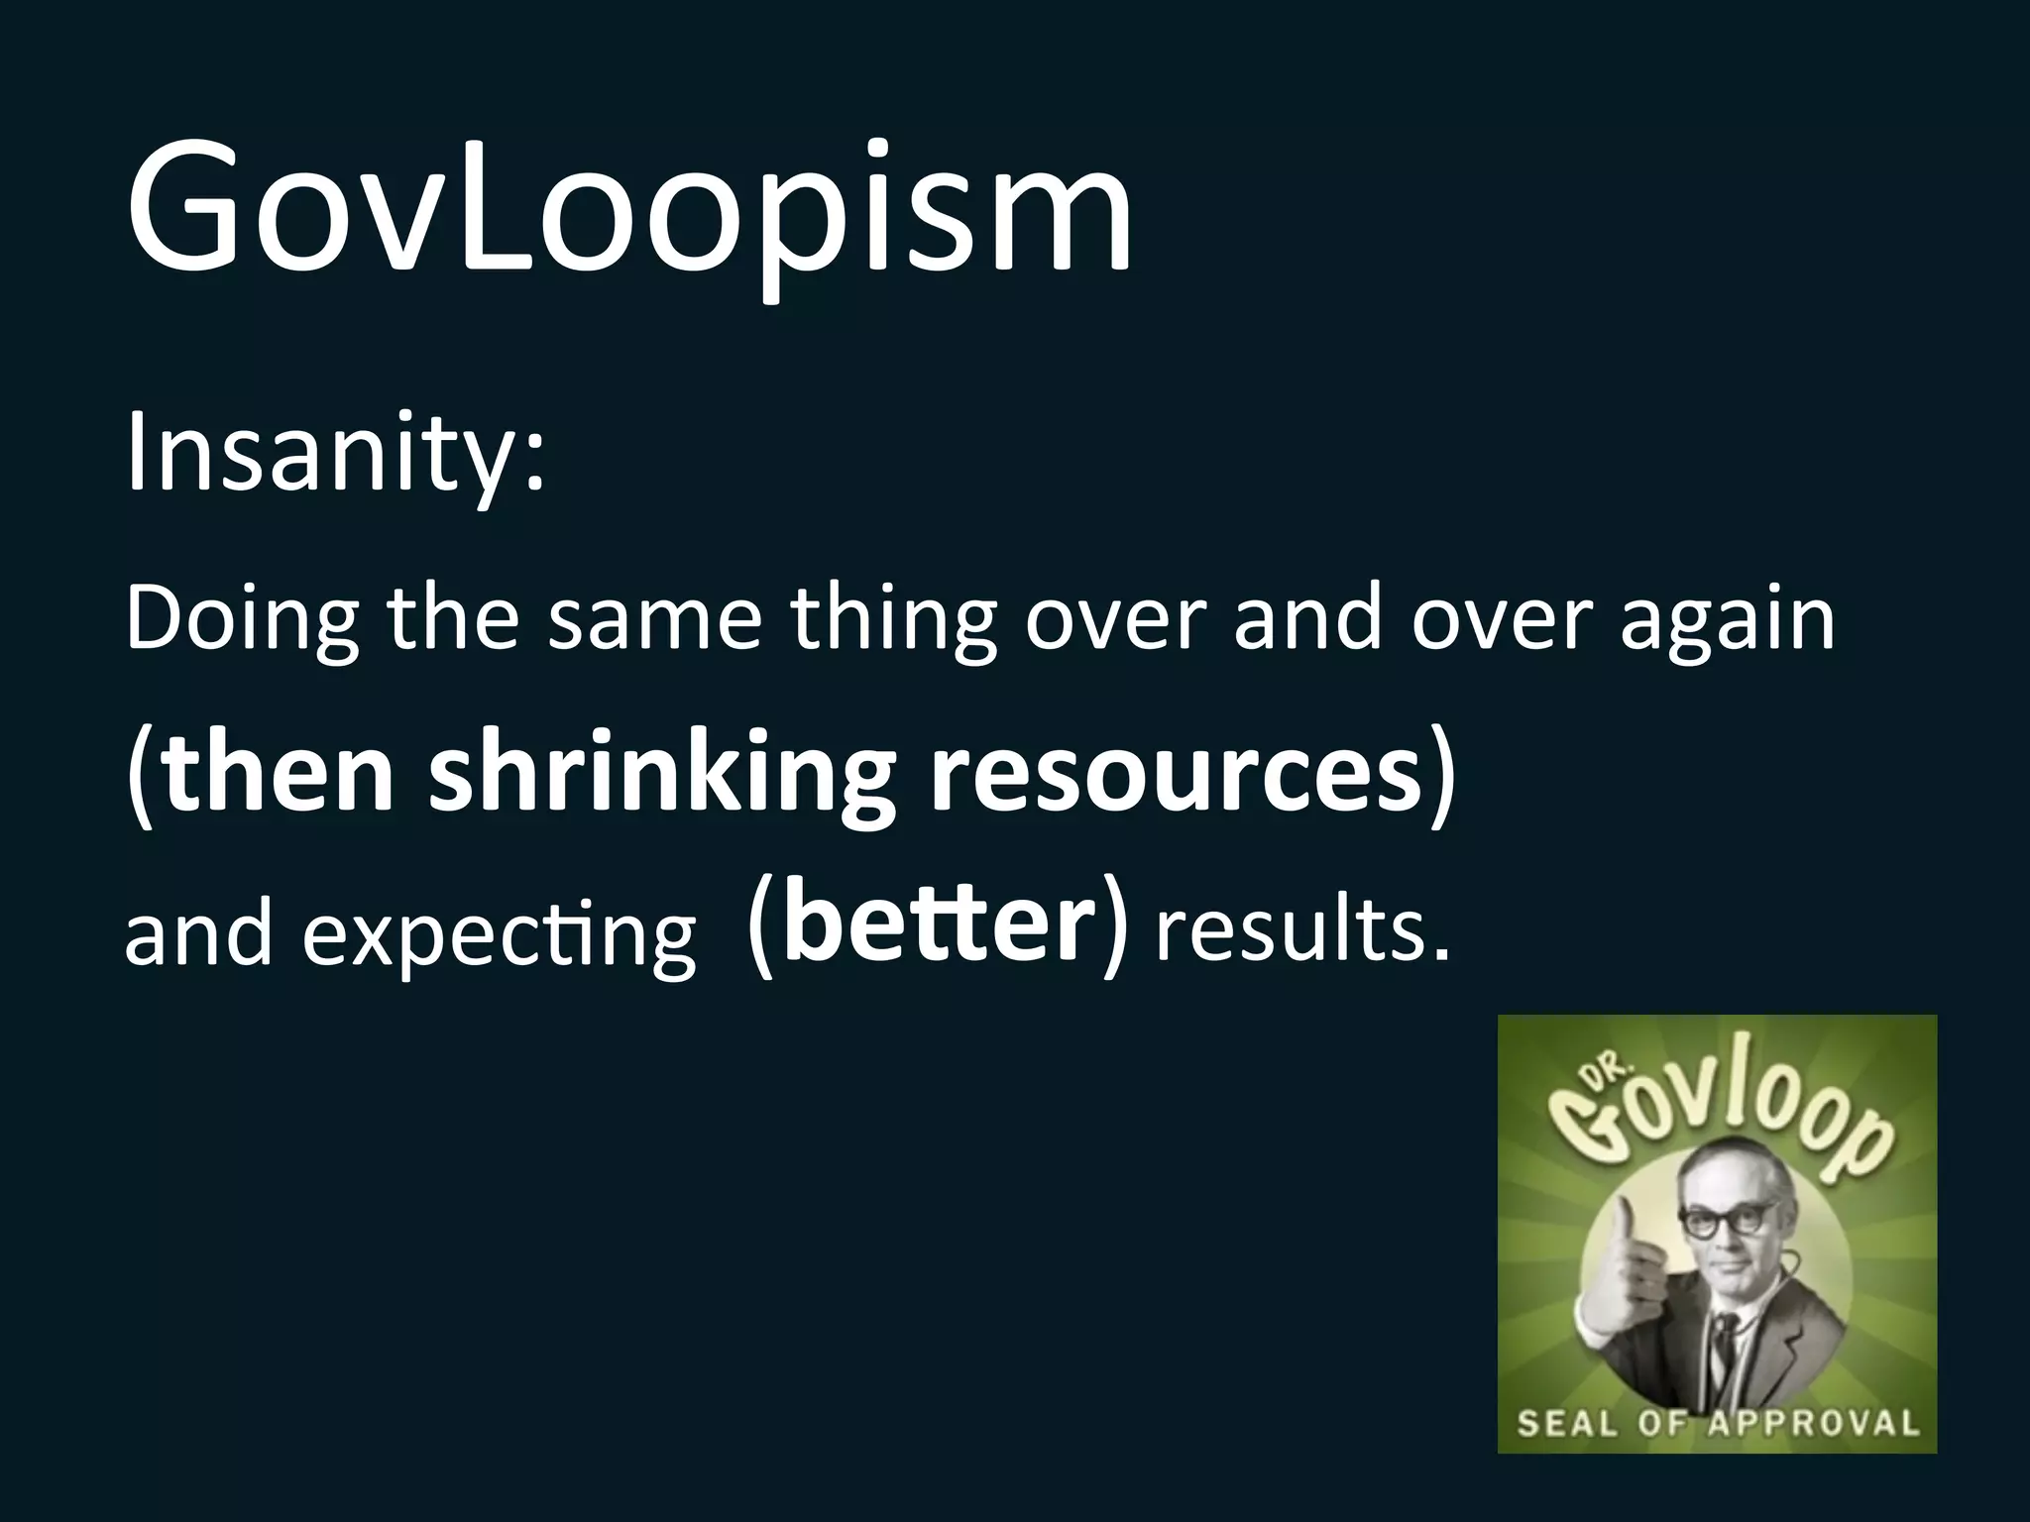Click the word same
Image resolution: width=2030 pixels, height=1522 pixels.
point(655,619)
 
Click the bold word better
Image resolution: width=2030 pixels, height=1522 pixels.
point(938,926)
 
